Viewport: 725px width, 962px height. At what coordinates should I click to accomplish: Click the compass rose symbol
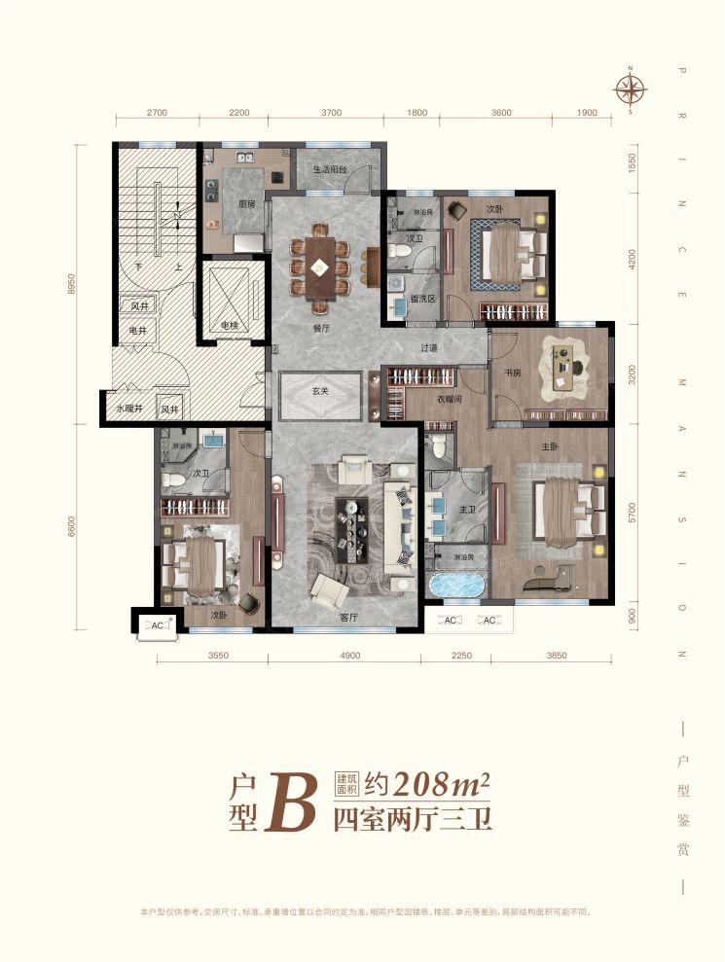pyautogui.click(x=631, y=89)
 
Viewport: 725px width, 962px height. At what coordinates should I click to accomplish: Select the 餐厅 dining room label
pyautogui.click(x=322, y=329)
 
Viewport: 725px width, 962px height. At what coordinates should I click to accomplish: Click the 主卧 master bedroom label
pyautogui.click(x=547, y=447)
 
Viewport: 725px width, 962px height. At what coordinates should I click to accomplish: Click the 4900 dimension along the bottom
pyautogui.click(x=349, y=656)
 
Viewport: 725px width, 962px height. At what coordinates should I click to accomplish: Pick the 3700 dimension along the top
pyautogui.click(x=331, y=113)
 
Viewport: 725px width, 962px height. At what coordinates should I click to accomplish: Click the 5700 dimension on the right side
pyautogui.click(x=633, y=511)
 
